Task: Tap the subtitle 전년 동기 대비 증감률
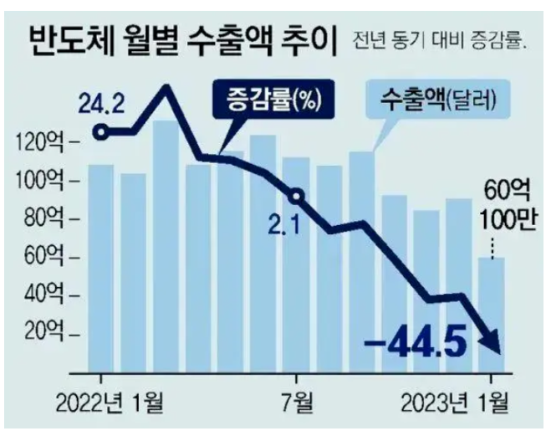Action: coord(439,42)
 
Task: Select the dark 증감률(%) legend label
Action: coord(273,99)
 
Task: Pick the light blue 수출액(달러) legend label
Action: coord(437,99)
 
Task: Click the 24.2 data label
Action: coord(101,103)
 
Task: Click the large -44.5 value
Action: coord(416,341)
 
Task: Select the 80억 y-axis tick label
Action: coord(43,219)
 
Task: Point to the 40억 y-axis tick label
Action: coord(43,295)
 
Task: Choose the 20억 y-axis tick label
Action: coord(43,334)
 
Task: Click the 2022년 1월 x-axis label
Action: coord(109,403)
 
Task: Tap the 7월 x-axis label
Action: coord(296,403)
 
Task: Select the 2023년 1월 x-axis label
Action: coord(454,403)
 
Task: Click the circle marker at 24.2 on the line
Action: coord(101,132)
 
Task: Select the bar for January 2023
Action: coord(492,316)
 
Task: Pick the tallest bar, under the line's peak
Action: coord(166,247)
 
